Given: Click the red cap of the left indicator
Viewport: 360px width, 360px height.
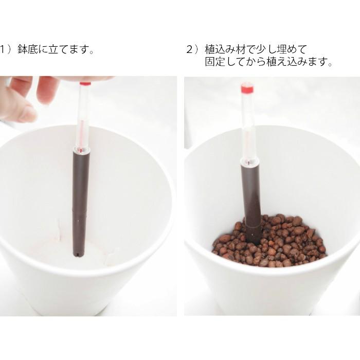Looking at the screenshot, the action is pyautogui.click(x=85, y=83).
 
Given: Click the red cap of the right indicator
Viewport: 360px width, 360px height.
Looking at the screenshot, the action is pyautogui.click(x=247, y=89).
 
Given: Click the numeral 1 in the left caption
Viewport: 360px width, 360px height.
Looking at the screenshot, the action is pyautogui.click(x=3, y=49).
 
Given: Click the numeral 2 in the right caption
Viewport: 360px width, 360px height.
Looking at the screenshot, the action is pyautogui.click(x=189, y=49).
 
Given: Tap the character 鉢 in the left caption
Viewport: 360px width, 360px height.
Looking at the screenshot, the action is pyautogui.click(x=23, y=49).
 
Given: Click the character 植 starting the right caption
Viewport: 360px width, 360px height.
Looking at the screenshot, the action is pyautogui.click(x=210, y=49).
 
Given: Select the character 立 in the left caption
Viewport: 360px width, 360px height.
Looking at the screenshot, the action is pyautogui.click(x=53, y=49).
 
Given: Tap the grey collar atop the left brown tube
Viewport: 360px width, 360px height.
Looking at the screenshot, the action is pyautogui.click(x=81, y=150).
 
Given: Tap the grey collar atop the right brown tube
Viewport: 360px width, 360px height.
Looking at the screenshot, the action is pyautogui.click(x=250, y=162).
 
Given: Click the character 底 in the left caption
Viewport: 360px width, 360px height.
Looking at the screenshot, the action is pyautogui.click(x=33, y=49).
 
